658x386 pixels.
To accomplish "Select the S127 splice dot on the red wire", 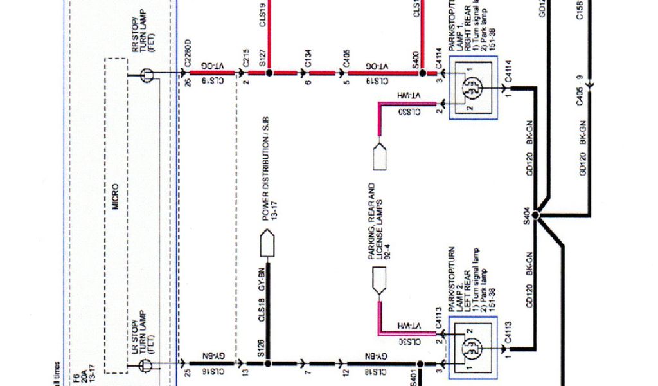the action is (269, 73).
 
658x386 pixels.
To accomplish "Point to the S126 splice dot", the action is (267, 363).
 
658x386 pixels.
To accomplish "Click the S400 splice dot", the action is (422, 73).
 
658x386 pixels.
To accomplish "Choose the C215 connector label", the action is (245, 59).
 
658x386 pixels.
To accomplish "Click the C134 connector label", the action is (308, 59).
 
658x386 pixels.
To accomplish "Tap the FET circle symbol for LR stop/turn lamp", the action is (146, 365).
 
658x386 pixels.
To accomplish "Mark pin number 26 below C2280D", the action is (188, 83).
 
